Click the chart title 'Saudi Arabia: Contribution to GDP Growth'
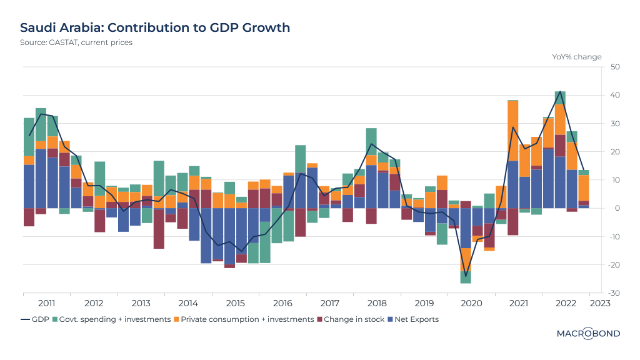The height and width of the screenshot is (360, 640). click(155, 27)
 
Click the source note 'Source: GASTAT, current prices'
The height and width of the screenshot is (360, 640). click(76, 42)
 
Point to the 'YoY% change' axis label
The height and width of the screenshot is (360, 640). click(576, 57)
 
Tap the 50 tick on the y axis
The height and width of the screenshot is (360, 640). click(615, 67)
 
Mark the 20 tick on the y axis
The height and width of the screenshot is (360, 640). click(615, 152)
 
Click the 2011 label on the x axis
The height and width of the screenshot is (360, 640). click(46, 303)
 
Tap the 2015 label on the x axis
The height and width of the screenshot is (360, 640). click(235, 303)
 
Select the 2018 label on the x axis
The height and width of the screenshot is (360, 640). click(376, 303)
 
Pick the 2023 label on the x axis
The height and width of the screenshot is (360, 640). click(599, 303)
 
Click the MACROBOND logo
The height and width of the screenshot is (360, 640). click(588, 334)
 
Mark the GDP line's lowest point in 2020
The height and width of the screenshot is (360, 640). click(466, 276)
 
